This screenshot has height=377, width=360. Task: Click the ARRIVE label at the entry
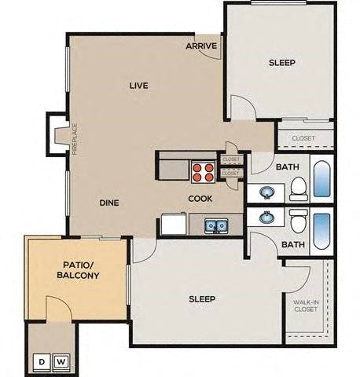point(202,46)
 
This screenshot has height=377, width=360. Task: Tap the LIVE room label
point(139,85)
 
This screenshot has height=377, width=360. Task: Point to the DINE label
point(109,203)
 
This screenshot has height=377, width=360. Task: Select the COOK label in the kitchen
point(200,199)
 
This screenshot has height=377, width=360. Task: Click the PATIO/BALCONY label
point(76,270)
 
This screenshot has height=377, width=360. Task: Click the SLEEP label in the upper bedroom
point(281,63)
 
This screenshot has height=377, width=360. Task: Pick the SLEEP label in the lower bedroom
point(202,299)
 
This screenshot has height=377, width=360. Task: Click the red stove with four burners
point(203,171)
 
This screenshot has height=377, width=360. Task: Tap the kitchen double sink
point(216,226)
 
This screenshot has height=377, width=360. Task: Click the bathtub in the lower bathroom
point(323,230)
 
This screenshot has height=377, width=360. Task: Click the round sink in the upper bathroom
point(266,191)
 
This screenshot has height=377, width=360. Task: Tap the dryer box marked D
point(41,362)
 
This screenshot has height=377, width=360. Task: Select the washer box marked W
point(61,362)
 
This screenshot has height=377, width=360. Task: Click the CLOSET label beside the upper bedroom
point(303,138)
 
